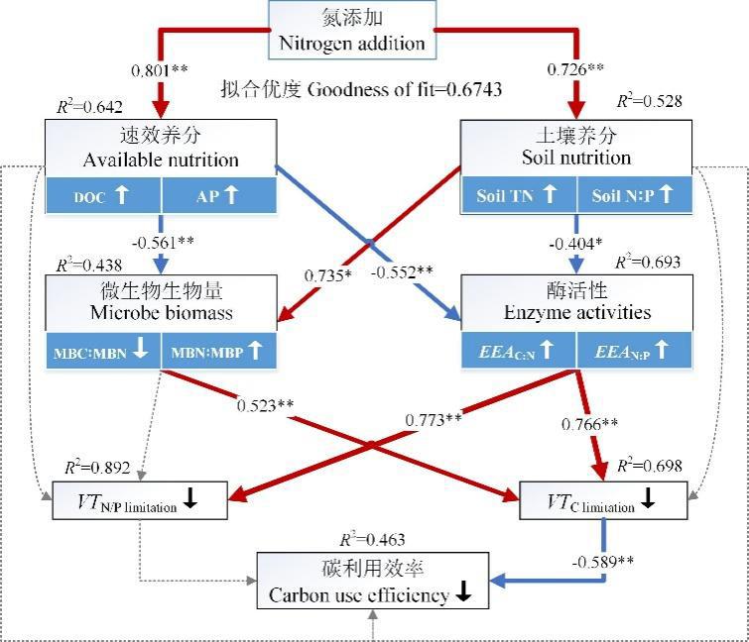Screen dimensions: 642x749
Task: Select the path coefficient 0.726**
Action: (576, 71)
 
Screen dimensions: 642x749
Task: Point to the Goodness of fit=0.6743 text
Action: (361, 90)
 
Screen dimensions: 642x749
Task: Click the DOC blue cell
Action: (102, 194)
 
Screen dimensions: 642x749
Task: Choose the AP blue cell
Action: (217, 194)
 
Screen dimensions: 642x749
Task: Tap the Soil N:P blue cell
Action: (633, 194)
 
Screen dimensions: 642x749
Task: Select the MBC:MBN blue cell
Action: (102, 351)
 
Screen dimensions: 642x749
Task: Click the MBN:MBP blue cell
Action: (217, 351)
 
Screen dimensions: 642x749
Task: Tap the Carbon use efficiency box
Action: (373, 584)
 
